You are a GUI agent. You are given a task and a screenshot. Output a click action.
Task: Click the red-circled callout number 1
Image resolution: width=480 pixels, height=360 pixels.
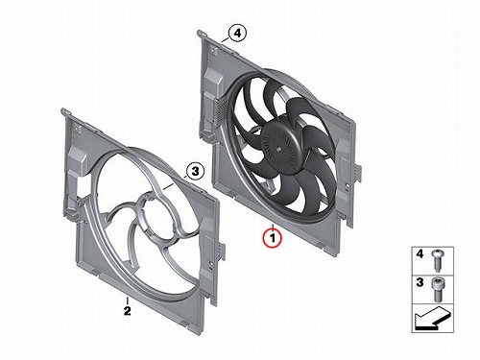click(272, 238)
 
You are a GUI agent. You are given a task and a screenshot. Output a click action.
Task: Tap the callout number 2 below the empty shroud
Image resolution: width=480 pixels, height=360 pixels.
click(128, 311)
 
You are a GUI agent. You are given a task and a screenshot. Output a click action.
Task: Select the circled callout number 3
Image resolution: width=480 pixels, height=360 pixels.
click(195, 172)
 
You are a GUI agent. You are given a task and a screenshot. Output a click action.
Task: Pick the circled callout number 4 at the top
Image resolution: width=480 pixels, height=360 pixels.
click(237, 34)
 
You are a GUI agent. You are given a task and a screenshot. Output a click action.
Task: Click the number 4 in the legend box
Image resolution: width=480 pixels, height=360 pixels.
click(420, 254)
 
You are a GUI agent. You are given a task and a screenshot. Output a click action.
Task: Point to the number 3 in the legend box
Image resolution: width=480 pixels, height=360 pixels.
click(420, 282)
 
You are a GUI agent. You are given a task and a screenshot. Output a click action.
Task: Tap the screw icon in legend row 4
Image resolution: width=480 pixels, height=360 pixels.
click(437, 260)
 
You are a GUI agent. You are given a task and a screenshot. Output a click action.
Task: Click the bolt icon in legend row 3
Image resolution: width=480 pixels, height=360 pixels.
click(437, 289)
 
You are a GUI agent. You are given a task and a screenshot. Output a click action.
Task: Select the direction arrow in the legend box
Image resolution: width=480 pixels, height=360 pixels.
click(433, 319)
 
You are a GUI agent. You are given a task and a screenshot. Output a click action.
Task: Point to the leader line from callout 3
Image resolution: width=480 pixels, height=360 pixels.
click(175, 182)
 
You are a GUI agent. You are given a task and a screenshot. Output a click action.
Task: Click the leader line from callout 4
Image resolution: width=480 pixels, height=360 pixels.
click(226, 40)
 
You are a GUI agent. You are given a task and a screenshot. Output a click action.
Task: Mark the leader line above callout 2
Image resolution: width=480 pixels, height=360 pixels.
click(128, 300)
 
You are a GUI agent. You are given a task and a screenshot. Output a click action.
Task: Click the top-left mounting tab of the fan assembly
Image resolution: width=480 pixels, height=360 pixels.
click(201, 33)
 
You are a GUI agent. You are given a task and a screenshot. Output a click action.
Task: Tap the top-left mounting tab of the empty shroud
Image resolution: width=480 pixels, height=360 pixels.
click(65, 111)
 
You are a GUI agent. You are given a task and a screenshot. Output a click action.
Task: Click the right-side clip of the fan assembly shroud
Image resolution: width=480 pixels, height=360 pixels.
click(358, 172)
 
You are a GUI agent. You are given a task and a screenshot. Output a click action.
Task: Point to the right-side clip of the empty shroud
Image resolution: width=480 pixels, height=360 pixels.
click(222, 250)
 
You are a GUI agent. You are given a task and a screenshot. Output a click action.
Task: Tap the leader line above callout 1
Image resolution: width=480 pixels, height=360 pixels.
click(273, 227)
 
